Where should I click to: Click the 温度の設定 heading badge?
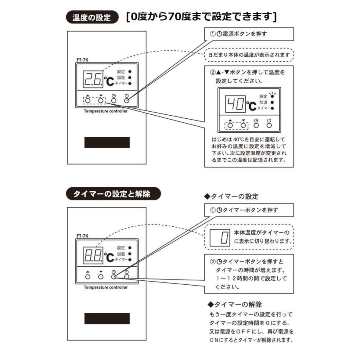click(x=92, y=18)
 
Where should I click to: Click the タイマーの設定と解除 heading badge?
click(x=113, y=194)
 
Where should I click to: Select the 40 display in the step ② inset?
click(x=234, y=105)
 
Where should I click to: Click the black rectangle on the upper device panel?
click(x=107, y=142)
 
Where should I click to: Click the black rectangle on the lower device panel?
click(x=107, y=318)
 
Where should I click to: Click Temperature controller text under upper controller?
click(x=106, y=111)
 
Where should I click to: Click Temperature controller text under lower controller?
click(x=106, y=287)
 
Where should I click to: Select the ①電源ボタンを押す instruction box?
click(x=248, y=34)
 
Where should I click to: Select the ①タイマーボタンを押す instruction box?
click(x=248, y=210)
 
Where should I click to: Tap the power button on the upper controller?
click(x=126, y=100)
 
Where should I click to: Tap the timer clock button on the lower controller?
click(x=114, y=276)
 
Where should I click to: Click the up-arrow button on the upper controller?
click(x=88, y=100)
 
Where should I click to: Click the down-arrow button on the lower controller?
click(x=101, y=276)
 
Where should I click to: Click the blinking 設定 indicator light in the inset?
click(x=272, y=96)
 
